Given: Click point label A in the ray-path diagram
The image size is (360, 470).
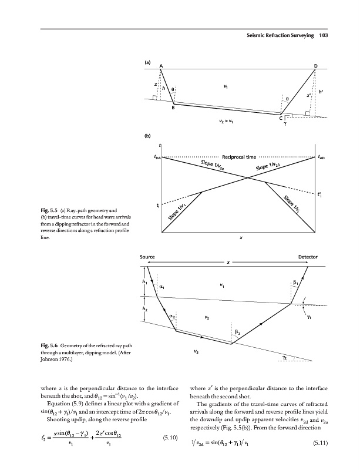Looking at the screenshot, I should pos(162,65).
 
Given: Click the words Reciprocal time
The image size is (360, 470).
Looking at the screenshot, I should pos(240,157).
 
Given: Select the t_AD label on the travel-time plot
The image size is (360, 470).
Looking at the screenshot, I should pos(322,157).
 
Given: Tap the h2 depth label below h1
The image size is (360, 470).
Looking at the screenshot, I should pos(144,308).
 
